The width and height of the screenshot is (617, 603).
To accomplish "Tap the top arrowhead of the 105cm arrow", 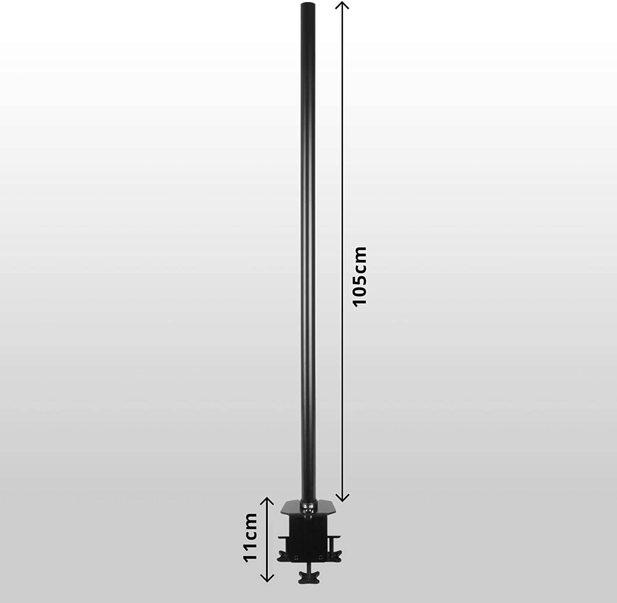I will (343, 5).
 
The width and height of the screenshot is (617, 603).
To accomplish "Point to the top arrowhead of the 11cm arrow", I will (268, 501).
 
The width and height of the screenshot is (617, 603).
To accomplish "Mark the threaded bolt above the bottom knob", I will (307, 567).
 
